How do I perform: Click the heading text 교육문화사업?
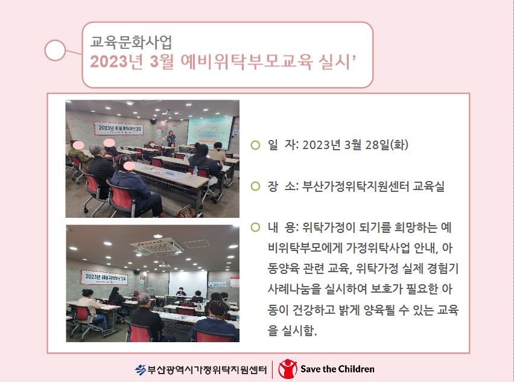pos(131,42)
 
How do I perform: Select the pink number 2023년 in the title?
pos(116,62)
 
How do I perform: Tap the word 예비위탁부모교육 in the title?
pos(247,62)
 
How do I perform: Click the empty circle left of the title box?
pos(55,50)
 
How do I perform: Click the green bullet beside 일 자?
pos(255,145)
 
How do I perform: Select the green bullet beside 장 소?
pos(255,186)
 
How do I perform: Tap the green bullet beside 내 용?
pos(255,228)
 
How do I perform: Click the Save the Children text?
pos(337,369)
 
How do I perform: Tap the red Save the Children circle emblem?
pos(288,369)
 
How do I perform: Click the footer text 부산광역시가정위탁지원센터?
pos(207,370)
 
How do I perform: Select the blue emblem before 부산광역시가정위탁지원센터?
pos(141,370)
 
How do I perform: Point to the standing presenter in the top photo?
pos(171,139)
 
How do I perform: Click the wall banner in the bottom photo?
pos(104,277)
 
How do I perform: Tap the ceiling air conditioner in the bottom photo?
pos(157,246)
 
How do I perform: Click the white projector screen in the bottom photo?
pos(188,284)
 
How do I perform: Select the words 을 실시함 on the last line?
pos(293,330)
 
